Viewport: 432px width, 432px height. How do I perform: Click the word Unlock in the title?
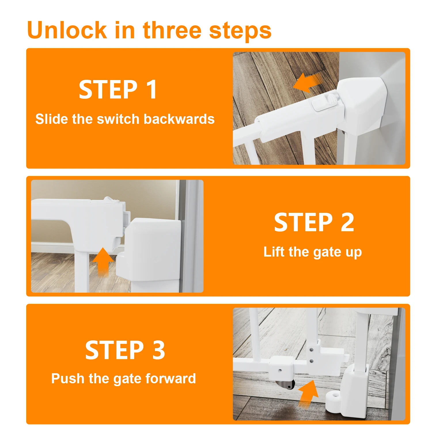point(67,30)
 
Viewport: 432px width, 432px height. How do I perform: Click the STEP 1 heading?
point(118,90)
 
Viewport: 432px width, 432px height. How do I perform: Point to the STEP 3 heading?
point(125,350)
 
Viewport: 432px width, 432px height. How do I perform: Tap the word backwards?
point(179,119)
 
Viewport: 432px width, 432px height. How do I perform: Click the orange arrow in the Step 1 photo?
point(307,82)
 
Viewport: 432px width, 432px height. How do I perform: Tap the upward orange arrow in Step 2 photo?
point(103,262)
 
